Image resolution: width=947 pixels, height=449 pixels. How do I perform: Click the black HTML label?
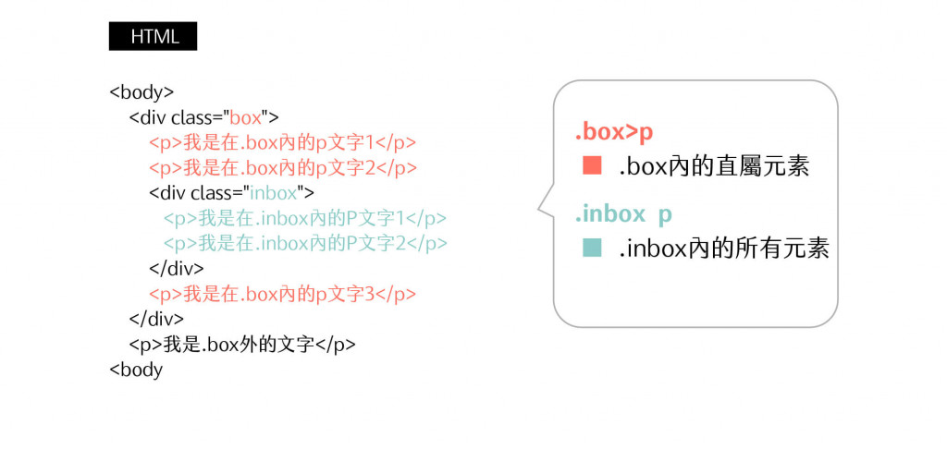pos(153,37)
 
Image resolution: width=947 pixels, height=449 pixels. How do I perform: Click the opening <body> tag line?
pos(141,92)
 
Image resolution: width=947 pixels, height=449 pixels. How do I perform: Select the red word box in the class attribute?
pos(245,117)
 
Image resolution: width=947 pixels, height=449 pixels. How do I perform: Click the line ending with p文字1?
pos(282,143)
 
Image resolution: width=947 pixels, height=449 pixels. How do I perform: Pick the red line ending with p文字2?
pos(283,168)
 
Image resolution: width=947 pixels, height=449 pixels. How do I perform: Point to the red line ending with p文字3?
pos(282,294)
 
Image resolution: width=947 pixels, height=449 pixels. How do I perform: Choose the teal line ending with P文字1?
pos(305,218)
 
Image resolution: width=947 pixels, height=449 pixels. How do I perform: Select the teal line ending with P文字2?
pos(305,243)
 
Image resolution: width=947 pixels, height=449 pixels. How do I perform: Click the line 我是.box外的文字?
pos(242,345)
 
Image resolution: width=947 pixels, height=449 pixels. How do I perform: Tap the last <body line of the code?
pos(136,370)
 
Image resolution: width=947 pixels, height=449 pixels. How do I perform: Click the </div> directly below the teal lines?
pos(176,269)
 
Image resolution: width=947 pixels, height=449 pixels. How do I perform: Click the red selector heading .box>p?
pos(614,132)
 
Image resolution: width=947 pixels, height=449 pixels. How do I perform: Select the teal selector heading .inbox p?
pos(623,214)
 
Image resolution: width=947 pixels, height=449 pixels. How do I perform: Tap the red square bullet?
pos(592,166)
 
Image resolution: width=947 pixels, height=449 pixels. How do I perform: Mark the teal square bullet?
pos(592,248)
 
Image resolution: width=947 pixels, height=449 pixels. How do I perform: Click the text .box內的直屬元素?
pos(714,167)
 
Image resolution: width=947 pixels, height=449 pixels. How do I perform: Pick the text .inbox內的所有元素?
pos(724,249)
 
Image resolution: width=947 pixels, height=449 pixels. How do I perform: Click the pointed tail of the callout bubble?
pos(541,209)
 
